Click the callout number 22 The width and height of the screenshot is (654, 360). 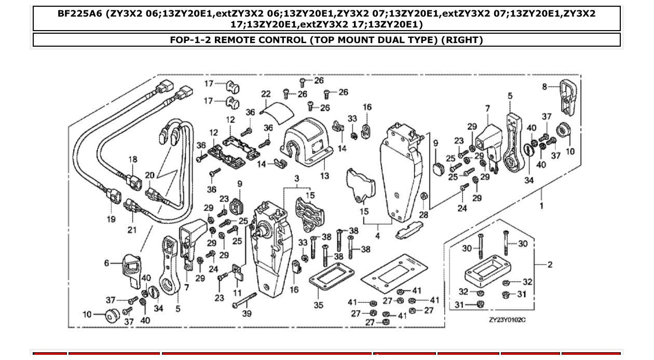point(266,94)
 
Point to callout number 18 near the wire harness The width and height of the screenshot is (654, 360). point(133,159)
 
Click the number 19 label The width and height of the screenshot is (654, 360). point(111,219)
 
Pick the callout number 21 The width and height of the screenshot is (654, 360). point(132,230)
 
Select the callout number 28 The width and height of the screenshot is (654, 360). point(424,215)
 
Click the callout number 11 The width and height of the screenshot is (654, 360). point(237,293)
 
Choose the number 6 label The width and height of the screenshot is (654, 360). point(107,263)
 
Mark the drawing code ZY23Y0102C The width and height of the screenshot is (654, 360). point(507,320)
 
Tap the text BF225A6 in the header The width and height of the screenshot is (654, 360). point(79,13)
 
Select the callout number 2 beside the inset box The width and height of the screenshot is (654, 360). point(550,265)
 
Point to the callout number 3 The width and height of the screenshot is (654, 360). point(296,179)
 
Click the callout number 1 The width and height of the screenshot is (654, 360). point(542,205)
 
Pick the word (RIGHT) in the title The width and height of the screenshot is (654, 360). point(462,40)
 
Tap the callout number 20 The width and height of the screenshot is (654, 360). point(150,176)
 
